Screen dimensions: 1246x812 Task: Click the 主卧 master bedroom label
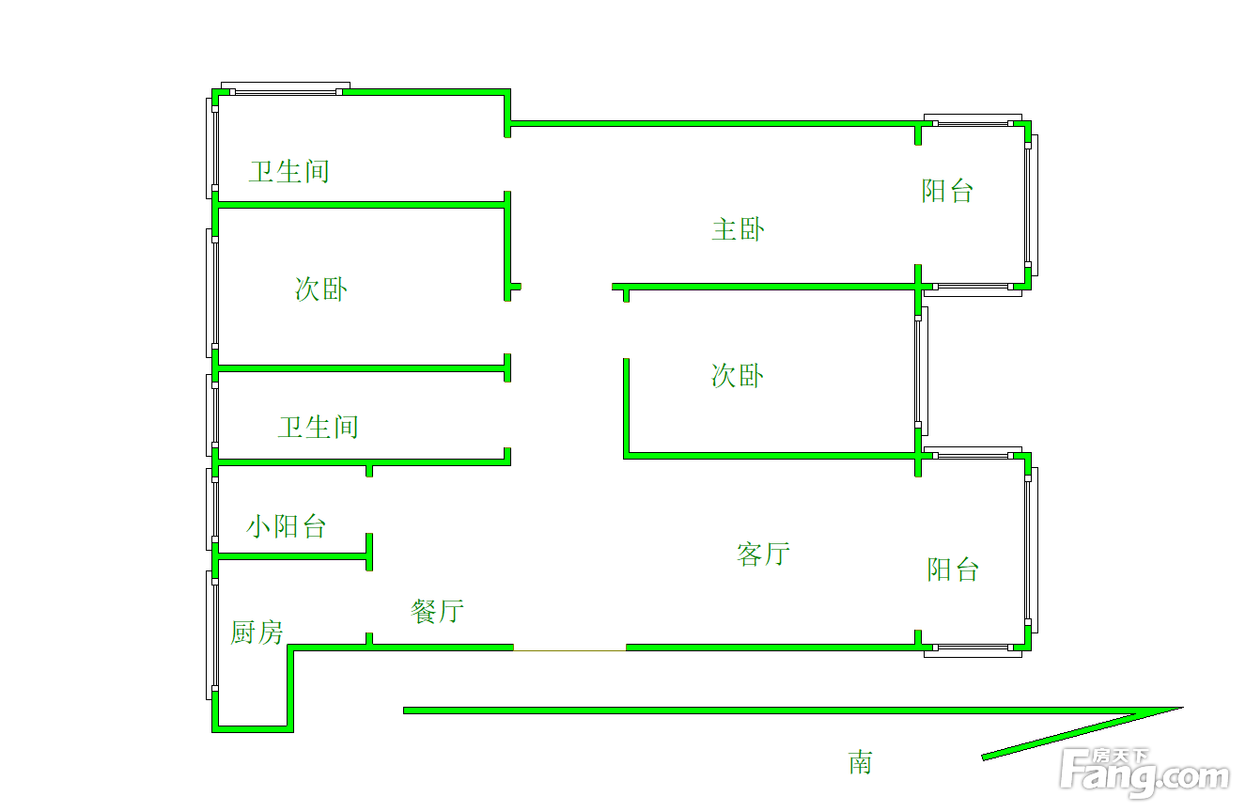point(739,229)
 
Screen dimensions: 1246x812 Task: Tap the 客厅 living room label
point(763,554)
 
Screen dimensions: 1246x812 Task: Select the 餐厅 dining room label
point(437,611)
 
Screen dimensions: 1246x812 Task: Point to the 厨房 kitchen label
point(257,632)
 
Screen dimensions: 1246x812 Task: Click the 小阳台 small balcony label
point(286,526)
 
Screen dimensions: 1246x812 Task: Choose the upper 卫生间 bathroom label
point(289,171)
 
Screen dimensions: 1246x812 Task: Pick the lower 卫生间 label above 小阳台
point(319,427)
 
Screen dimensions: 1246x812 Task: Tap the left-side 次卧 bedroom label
point(321,289)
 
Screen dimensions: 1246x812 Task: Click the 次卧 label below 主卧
point(738,375)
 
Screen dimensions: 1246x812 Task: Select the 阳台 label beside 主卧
point(947,191)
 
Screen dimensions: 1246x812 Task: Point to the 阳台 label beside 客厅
point(953,570)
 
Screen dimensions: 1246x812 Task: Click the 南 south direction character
point(861,762)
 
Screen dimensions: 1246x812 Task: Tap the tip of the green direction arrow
point(1183,708)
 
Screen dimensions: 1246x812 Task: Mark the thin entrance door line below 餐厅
point(569,650)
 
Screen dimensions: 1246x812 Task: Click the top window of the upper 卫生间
point(286,89)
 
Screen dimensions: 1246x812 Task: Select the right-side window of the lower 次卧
point(921,371)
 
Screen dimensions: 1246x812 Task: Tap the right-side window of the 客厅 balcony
point(1031,550)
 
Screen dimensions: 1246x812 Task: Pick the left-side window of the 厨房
point(211,635)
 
